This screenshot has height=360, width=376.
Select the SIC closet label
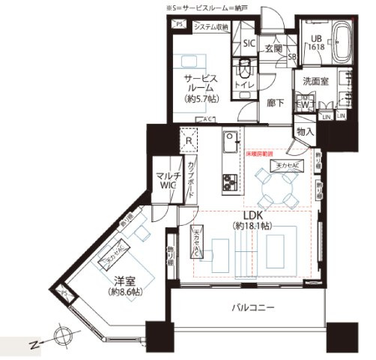coord(249,43)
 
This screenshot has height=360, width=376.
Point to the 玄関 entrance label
coord(274,48)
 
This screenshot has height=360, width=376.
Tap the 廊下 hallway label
coord(276,103)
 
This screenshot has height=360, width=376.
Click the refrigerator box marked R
coord(187,139)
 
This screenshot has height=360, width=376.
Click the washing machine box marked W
coord(306,102)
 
